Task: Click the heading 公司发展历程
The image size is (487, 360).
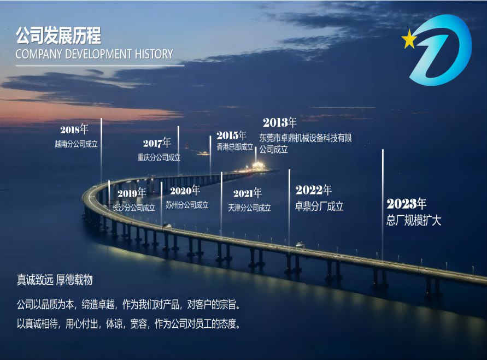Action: click(x=58, y=36)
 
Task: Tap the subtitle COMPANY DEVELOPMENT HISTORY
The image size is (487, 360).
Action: click(x=94, y=54)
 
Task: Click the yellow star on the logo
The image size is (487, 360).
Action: click(x=408, y=39)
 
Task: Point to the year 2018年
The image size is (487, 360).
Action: click(x=74, y=129)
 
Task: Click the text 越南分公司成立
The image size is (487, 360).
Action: click(x=76, y=144)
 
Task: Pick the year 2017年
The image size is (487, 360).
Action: click(x=157, y=143)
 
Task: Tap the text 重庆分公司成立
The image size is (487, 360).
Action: click(x=159, y=157)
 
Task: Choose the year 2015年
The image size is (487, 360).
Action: click(x=231, y=135)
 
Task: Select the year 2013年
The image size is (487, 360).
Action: click(x=279, y=122)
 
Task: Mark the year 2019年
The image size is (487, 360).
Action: click(x=132, y=193)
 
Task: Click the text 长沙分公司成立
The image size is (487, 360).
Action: click(x=134, y=208)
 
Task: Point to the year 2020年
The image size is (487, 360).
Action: click(x=185, y=191)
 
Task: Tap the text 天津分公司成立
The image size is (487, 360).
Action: click(x=250, y=208)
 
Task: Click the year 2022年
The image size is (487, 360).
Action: click(x=314, y=190)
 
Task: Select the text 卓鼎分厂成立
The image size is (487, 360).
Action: click(x=320, y=206)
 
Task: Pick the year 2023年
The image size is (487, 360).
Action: click(x=407, y=204)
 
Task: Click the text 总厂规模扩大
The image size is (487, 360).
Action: click(x=414, y=221)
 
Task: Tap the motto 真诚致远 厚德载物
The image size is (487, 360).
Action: click(x=55, y=280)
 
